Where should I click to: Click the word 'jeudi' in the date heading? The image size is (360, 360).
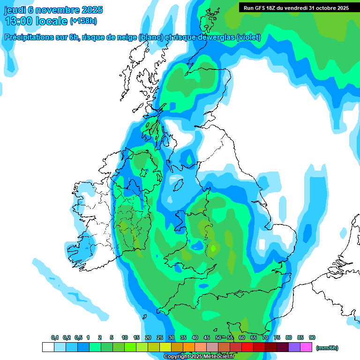click(15, 10)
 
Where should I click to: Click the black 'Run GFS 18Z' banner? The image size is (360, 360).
click(296, 7)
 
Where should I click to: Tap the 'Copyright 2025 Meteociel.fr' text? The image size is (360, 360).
click(199, 357)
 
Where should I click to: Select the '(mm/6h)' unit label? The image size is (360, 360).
click(327, 348)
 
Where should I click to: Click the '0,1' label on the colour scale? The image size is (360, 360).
click(55, 337)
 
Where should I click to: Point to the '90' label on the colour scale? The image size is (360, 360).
click(312, 337)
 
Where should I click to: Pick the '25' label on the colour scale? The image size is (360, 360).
click(160, 337)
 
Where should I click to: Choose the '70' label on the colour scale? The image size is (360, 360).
click(265, 337)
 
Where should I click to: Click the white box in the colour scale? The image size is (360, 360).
click(48, 347)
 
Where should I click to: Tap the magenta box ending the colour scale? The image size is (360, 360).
click(306, 347)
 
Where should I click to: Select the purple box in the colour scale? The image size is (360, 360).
click(294, 347)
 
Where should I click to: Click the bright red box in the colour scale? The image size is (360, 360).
click(247, 347)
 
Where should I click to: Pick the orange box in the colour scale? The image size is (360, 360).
click(189, 347)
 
